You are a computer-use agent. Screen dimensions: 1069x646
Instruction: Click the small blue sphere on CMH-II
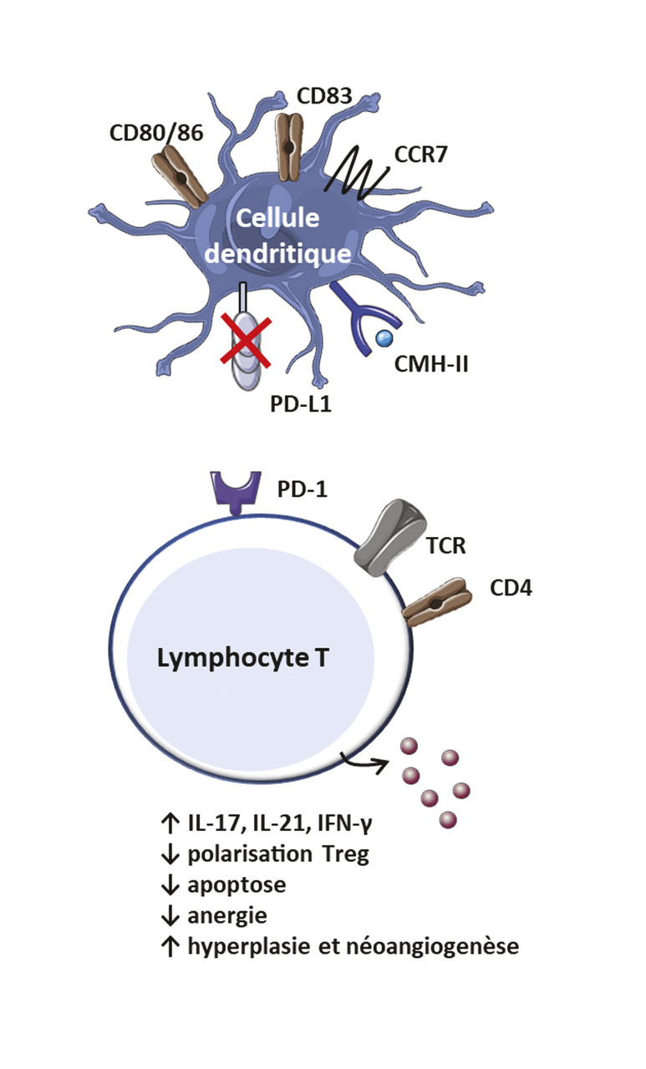[384, 338]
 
